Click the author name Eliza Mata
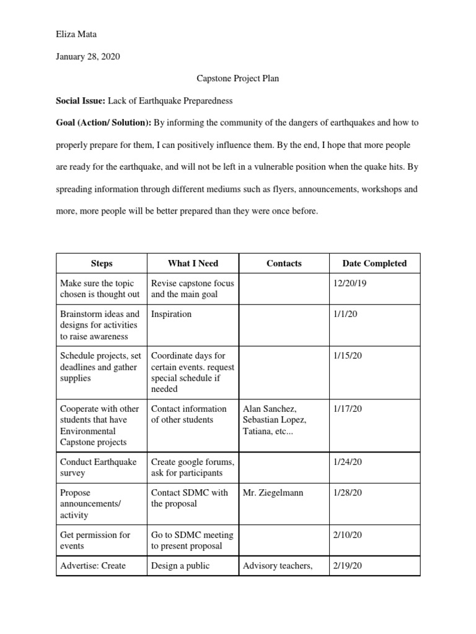(76, 35)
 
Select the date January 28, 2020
(88, 57)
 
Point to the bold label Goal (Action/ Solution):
(104, 123)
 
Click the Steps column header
(101, 263)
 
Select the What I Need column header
(193, 263)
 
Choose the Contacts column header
(284, 263)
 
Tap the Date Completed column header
(374, 263)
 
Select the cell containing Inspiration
(172, 315)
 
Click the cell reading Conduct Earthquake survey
(99, 467)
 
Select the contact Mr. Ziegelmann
(273, 493)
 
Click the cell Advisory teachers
(278, 566)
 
